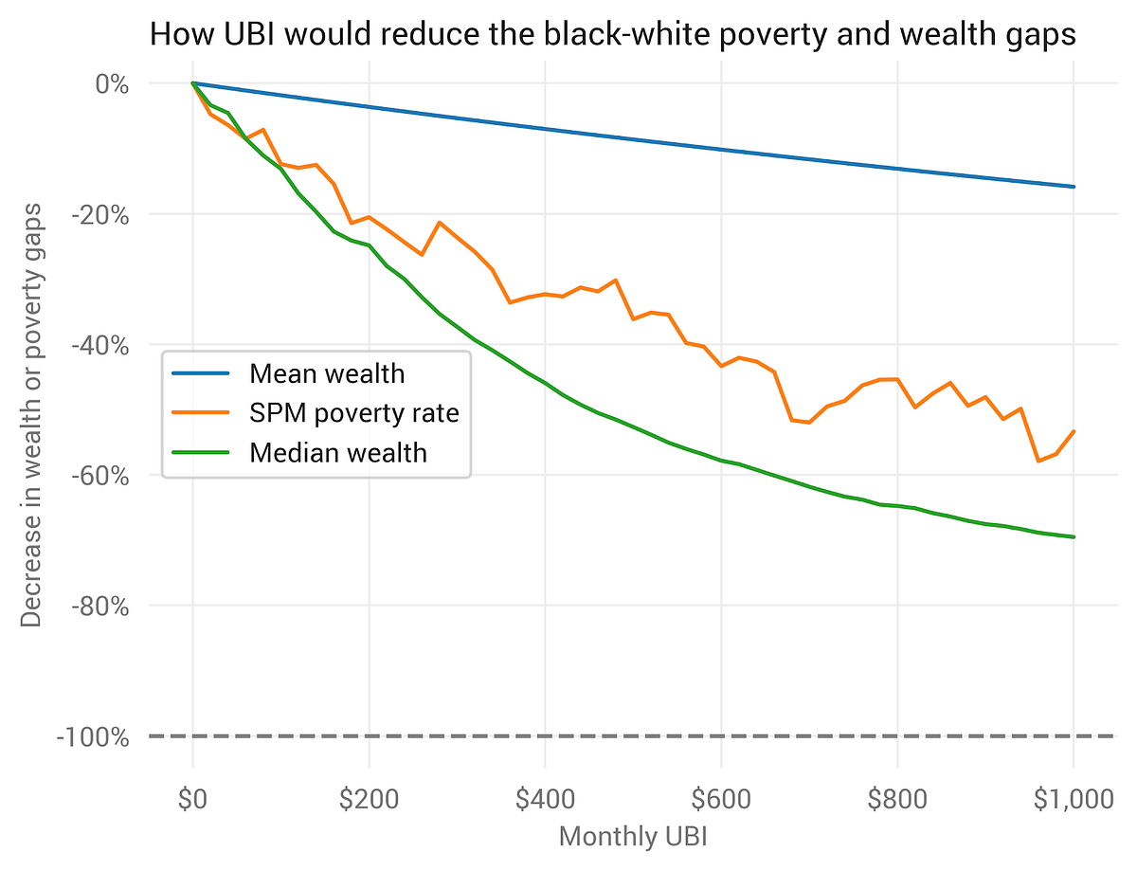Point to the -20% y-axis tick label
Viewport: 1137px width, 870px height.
click(99, 214)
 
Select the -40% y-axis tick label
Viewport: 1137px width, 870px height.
click(99, 345)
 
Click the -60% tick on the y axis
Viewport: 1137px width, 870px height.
click(99, 475)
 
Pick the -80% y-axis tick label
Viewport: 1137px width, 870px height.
click(99, 606)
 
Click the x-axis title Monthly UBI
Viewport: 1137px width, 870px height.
click(633, 837)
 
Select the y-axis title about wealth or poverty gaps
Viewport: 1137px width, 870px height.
click(31, 413)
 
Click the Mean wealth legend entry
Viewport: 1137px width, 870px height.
click(327, 373)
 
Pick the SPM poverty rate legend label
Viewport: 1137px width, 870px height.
click(353, 413)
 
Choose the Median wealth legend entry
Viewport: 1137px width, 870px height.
click(338, 453)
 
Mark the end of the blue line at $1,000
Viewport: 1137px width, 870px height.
click(1074, 187)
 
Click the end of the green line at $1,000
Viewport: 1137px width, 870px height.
click(1074, 537)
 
